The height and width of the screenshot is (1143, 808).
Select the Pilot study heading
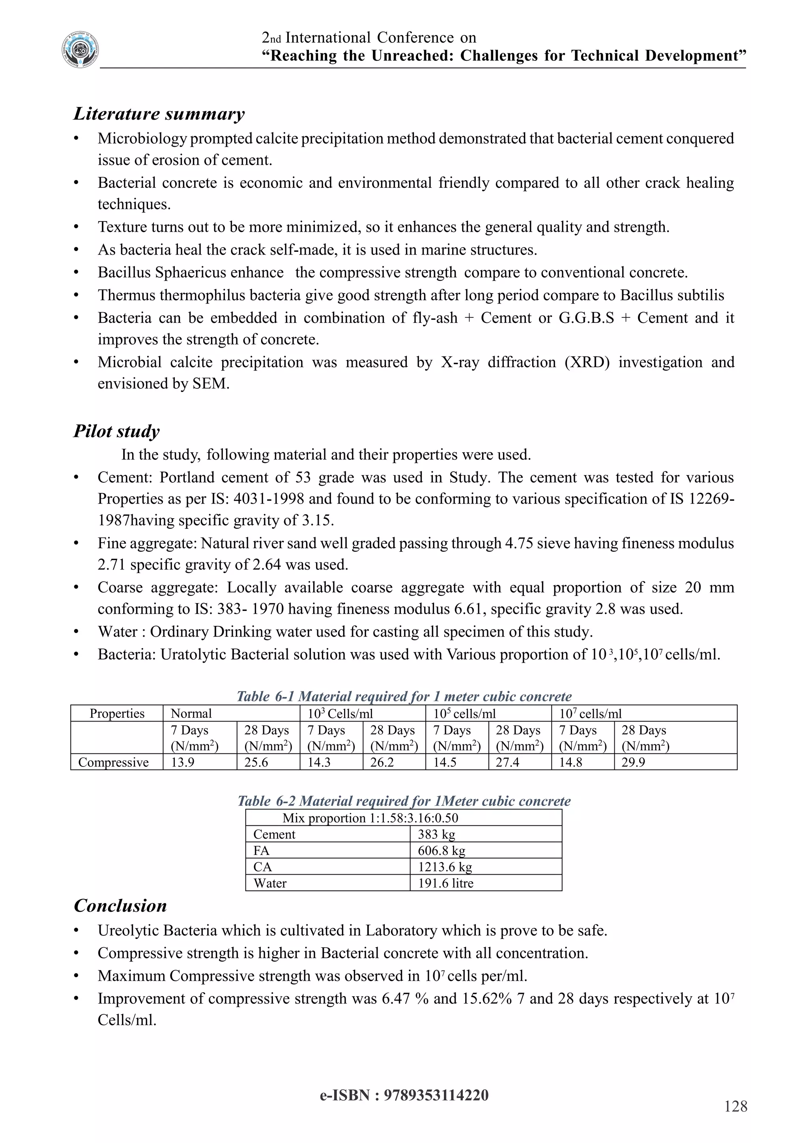(x=116, y=431)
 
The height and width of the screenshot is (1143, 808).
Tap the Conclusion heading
(x=120, y=905)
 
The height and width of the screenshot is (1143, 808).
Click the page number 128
(x=735, y=1107)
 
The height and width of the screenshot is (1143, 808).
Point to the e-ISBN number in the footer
(x=404, y=1096)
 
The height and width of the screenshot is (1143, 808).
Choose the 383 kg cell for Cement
(x=436, y=834)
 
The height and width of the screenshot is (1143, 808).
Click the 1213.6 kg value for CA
(x=445, y=867)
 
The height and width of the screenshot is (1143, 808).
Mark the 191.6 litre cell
(x=445, y=883)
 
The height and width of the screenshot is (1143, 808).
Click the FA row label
(x=261, y=851)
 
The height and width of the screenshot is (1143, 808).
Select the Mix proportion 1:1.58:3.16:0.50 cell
(x=370, y=818)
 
